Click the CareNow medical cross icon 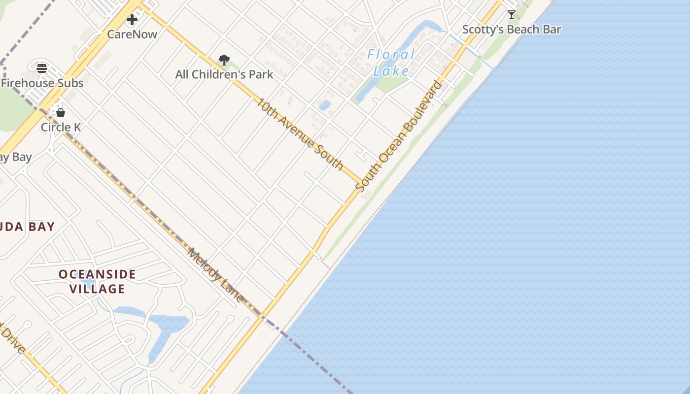click(x=132, y=20)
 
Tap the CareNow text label click(x=132, y=34)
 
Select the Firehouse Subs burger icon click(x=42, y=68)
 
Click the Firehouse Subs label click(x=42, y=83)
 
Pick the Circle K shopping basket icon click(x=61, y=113)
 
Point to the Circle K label click(x=61, y=127)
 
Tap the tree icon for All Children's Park click(x=224, y=60)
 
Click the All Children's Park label click(x=224, y=74)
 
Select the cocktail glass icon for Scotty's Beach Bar click(x=512, y=15)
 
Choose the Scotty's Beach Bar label click(x=512, y=30)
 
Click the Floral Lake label click(x=391, y=63)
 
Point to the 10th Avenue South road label click(x=300, y=134)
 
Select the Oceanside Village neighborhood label click(x=97, y=281)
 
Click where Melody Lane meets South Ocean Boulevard click(x=261, y=317)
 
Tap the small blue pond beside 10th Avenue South click(x=325, y=105)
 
